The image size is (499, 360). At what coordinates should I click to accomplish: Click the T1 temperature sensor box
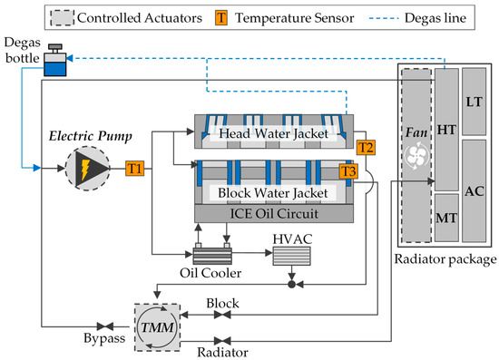coord(133,168)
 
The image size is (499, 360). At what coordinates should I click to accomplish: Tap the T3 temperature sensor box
coord(348,170)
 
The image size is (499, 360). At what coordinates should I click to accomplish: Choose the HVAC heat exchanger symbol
coord(290,256)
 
